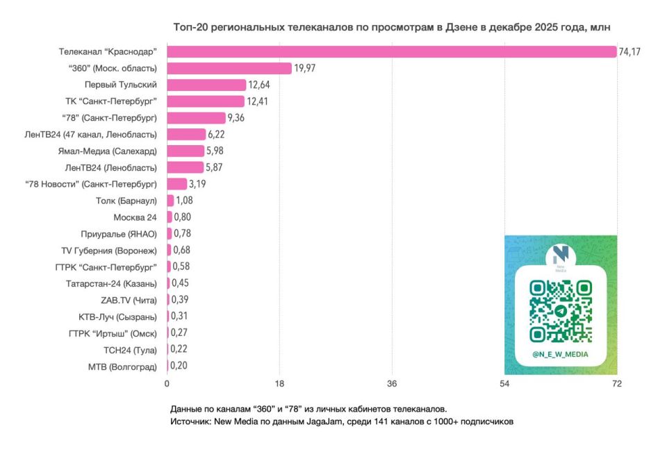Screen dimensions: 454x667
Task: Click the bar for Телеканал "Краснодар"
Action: (391, 51)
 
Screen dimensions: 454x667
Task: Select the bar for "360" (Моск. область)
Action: (229, 68)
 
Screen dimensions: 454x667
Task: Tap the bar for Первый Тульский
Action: (206, 85)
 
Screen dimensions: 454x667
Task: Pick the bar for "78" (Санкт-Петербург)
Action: (196, 118)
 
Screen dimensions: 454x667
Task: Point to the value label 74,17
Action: (630, 52)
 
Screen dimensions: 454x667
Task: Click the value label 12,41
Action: (261, 101)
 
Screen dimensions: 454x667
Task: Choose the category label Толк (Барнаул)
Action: (126, 201)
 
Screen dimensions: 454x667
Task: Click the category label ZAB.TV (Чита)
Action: (129, 300)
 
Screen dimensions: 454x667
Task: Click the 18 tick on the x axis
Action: (279, 384)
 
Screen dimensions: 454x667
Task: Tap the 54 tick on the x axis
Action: (504, 384)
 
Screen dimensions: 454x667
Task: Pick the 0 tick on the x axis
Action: (167, 384)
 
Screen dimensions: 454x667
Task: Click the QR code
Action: (560, 310)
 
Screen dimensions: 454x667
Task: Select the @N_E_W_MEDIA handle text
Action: (560, 354)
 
